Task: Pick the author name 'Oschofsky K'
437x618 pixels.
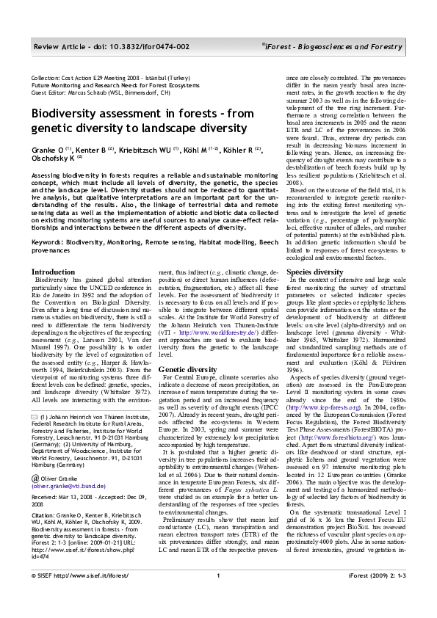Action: click(x=51, y=156)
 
